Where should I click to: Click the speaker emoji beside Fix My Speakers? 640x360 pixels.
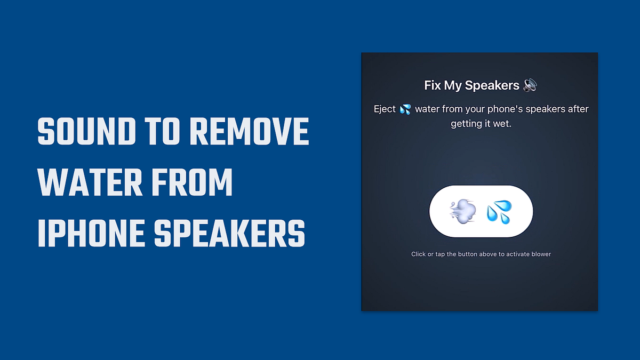[530, 85]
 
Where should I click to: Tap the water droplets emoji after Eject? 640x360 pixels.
[405, 109]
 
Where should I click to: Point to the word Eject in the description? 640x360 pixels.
[385, 109]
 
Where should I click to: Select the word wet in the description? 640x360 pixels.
[501, 124]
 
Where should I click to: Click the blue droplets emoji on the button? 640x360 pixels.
[499, 211]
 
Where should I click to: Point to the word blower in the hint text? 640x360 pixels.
[540, 254]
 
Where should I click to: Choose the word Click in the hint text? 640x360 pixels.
[418, 254]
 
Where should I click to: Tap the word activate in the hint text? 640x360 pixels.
[514, 254]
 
